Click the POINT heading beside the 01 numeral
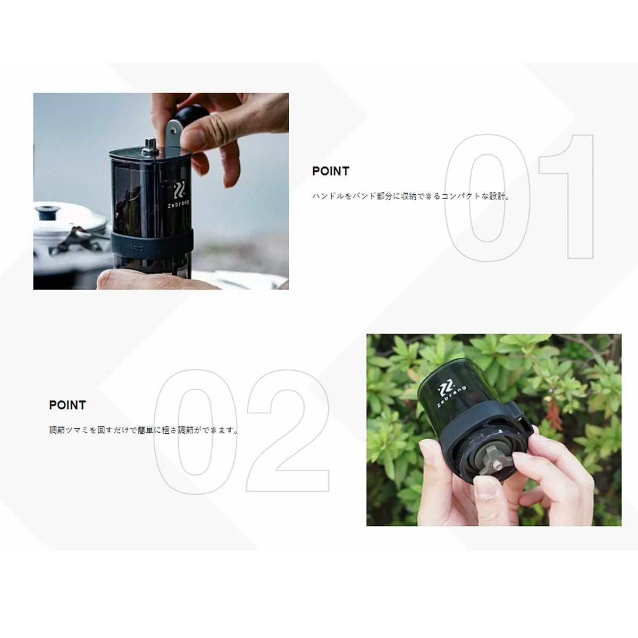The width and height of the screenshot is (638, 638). [330, 171]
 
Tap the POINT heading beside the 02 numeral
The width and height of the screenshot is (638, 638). [68, 405]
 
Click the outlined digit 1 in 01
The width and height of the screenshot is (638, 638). [566, 196]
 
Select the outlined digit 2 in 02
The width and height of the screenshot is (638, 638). [288, 431]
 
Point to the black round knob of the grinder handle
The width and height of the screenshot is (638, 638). [190, 116]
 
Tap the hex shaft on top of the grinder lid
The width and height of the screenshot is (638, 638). [149, 147]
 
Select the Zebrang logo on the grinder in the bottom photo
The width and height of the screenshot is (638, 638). [451, 396]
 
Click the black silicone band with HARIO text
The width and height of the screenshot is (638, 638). [152, 244]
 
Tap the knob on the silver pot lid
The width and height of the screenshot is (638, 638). [48, 212]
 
